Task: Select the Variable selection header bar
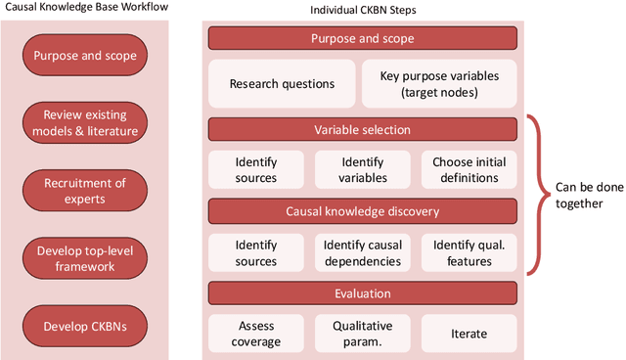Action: click(x=361, y=129)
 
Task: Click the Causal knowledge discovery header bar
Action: click(x=361, y=210)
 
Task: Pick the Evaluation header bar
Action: click(x=361, y=292)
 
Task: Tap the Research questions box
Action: click(x=282, y=84)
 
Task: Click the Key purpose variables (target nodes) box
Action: click(x=438, y=84)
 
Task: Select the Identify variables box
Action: click(x=362, y=170)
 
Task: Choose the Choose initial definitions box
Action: click(x=469, y=170)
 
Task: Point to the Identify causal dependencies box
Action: click(x=362, y=253)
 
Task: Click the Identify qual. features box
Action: click(x=469, y=253)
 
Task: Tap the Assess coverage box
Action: click(x=255, y=334)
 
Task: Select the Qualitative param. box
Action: click(x=362, y=334)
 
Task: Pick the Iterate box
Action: click(x=469, y=334)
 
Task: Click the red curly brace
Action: click(x=536, y=195)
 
